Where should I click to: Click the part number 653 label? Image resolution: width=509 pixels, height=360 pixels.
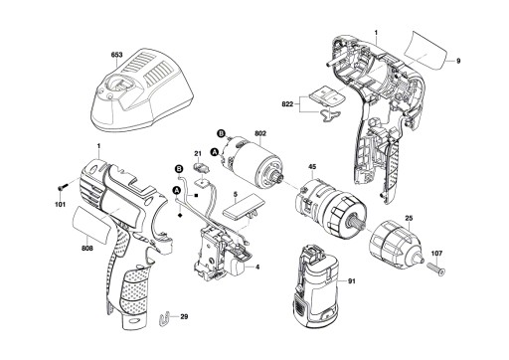[x=116, y=55]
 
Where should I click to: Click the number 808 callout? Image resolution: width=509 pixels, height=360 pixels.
[x=88, y=248]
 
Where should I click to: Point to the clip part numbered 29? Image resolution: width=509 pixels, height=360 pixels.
[x=163, y=319]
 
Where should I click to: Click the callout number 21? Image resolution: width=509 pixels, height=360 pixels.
[x=198, y=153]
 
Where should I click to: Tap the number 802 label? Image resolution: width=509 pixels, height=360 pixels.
[x=260, y=134]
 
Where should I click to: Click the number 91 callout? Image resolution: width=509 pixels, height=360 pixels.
[x=352, y=281]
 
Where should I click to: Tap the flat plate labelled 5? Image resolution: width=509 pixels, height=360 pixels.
[x=245, y=209]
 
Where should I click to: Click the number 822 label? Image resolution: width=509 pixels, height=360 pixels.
[x=287, y=104]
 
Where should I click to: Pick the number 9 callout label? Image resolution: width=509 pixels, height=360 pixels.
[x=458, y=61]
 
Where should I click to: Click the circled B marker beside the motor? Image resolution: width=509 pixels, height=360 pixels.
[x=221, y=133]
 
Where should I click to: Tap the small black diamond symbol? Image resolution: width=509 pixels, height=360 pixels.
[x=180, y=215]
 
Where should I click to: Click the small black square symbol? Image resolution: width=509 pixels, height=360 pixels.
[x=196, y=196]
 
